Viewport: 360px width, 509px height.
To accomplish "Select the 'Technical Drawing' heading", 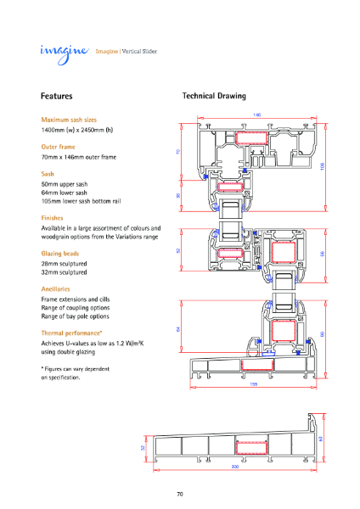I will click(214, 97).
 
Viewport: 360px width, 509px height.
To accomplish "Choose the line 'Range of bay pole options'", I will click(76, 316).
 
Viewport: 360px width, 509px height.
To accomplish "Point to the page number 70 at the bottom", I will click(180, 494).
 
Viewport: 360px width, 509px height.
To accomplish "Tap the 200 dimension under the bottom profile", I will click(234, 467).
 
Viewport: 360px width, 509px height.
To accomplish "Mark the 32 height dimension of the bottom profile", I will click(143, 447).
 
